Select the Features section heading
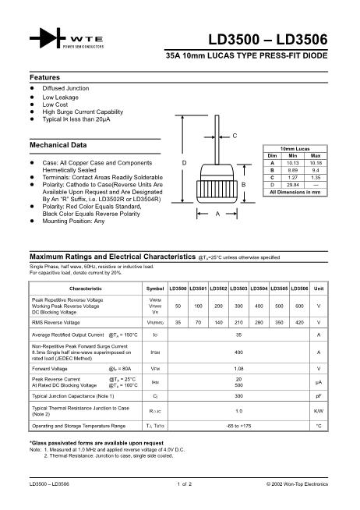pos(45,78)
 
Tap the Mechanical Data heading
pos(58,146)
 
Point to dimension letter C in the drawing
pos(235,136)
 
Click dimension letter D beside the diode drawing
pos(184,162)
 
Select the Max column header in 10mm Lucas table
pos(315,156)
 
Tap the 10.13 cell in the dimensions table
pos(294,163)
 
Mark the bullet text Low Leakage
pos(60,97)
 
